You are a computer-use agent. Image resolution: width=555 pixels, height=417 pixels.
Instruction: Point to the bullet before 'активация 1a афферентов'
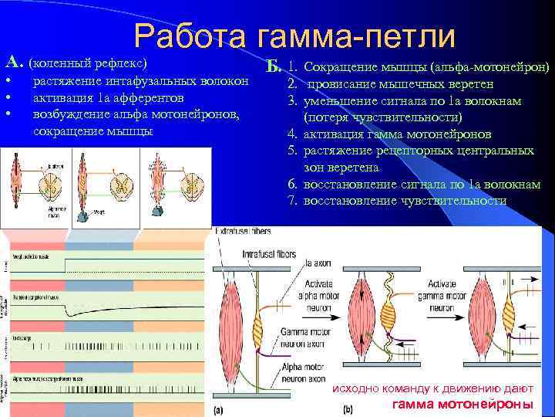coord(8,98)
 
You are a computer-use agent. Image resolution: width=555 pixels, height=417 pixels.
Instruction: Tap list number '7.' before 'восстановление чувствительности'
coord(293,201)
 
